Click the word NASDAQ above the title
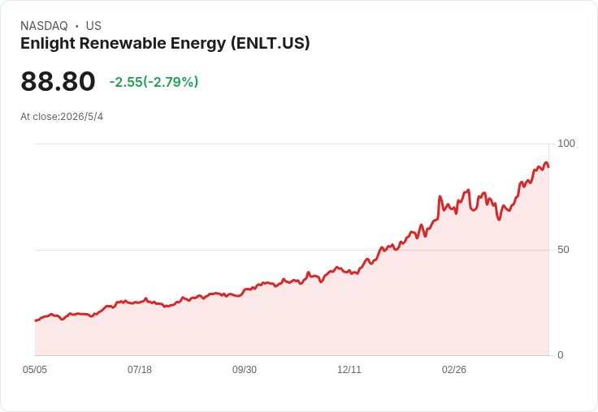pyautogui.click(x=44, y=26)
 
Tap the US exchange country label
pyautogui.click(x=93, y=26)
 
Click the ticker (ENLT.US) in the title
pyautogui.click(x=270, y=44)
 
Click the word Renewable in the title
pyautogui.click(x=123, y=44)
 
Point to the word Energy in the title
pyautogui.click(x=198, y=44)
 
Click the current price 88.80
pyautogui.click(x=58, y=81)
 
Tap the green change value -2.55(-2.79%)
pyautogui.click(x=154, y=82)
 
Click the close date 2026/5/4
pyautogui.click(x=81, y=117)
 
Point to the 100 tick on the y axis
pyautogui.click(x=566, y=144)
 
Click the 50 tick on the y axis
pyautogui.click(x=563, y=250)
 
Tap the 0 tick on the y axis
pyautogui.click(x=561, y=355)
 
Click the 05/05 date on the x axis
pyautogui.click(x=35, y=370)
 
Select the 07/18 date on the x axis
pyautogui.click(x=140, y=370)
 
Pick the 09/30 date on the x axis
pyautogui.click(x=245, y=370)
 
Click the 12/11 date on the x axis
pyautogui.click(x=349, y=370)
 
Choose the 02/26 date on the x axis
pyautogui.click(x=454, y=370)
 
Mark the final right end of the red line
pyautogui.click(x=548, y=167)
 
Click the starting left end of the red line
pyautogui.click(x=36, y=321)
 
